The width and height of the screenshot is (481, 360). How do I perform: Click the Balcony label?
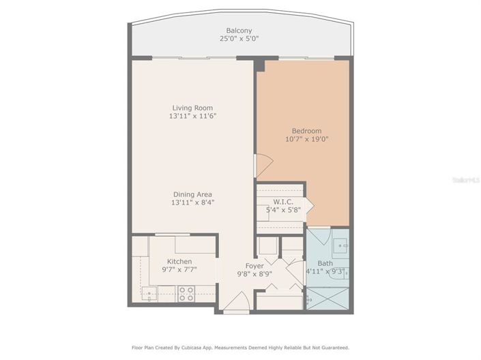(239, 30)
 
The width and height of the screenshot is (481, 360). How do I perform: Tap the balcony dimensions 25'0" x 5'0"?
(239, 39)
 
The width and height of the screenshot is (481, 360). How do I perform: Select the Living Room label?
(192, 108)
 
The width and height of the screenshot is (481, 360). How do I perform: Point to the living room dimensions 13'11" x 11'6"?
(192, 117)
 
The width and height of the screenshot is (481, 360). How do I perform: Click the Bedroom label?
(306, 131)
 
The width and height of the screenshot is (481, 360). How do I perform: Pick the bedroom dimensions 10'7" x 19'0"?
(306, 140)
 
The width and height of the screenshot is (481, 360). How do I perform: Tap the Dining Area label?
(192, 194)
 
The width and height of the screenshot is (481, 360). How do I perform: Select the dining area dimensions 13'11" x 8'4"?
(192, 202)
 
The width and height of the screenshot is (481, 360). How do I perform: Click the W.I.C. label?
(283, 201)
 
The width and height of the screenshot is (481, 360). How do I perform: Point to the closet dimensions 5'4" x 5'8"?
(283, 210)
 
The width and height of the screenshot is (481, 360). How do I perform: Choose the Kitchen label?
(179, 261)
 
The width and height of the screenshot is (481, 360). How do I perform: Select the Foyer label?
(254, 265)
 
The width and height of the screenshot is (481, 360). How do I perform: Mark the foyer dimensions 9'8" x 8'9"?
(254, 274)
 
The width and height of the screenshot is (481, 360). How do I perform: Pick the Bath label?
(325, 262)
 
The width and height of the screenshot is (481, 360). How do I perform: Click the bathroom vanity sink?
(340, 243)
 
